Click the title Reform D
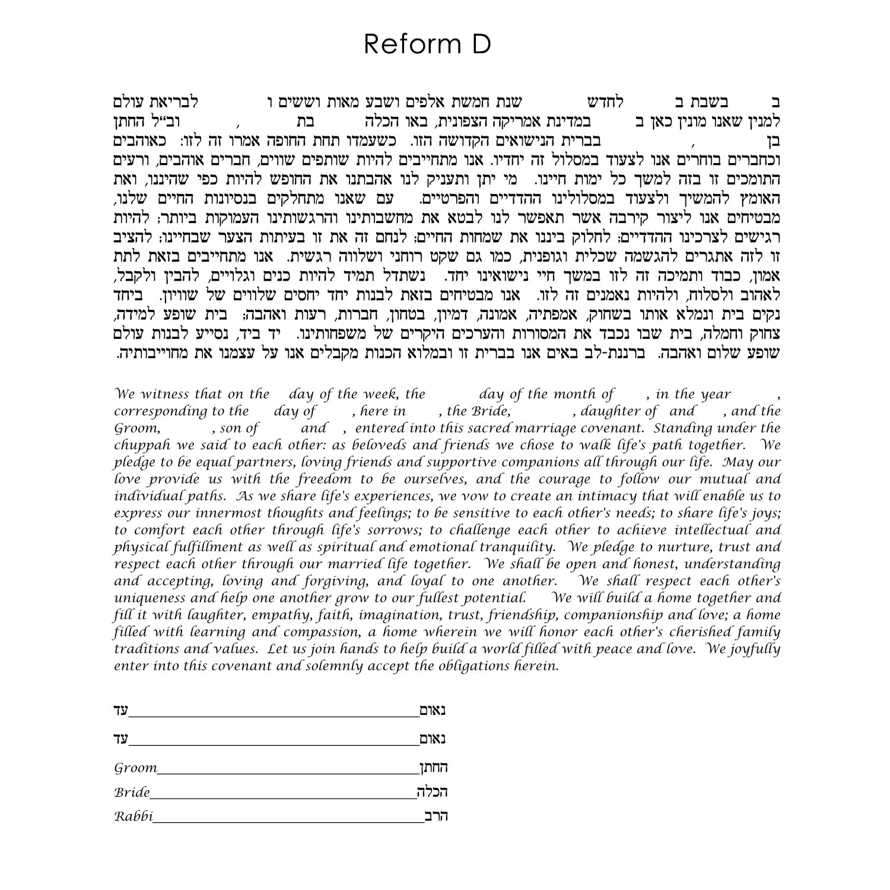[x=427, y=44]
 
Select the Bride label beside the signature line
[x=132, y=792]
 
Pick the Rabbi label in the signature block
[x=133, y=816]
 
